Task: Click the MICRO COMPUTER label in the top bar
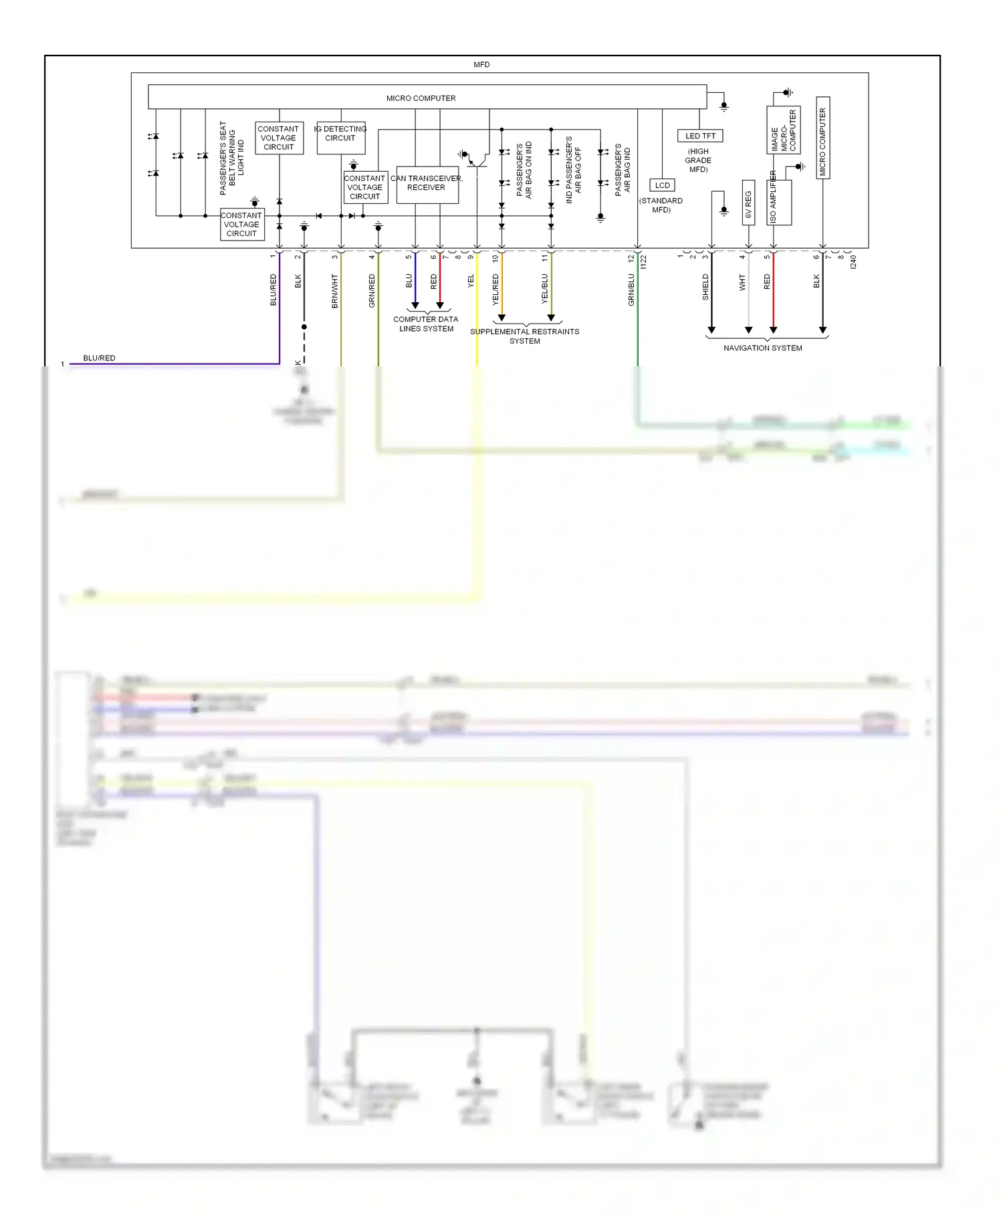[421, 98]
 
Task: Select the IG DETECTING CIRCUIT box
[340, 137]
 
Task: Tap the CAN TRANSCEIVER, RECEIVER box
[427, 185]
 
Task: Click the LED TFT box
[699, 136]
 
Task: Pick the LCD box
[662, 185]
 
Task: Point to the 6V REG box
[748, 203]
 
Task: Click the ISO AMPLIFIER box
[779, 202]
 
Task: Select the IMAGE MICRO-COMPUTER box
[783, 130]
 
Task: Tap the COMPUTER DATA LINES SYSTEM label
[426, 324]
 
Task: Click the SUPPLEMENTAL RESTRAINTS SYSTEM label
[524, 336]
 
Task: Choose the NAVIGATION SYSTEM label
[762, 348]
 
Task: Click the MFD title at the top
[481, 65]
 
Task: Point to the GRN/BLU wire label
[631, 289]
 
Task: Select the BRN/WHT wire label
[334, 291]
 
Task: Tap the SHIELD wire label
[705, 287]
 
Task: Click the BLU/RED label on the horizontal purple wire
[99, 358]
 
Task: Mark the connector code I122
[643, 262]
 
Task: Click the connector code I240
[853, 262]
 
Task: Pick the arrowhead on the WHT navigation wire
[748, 330]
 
